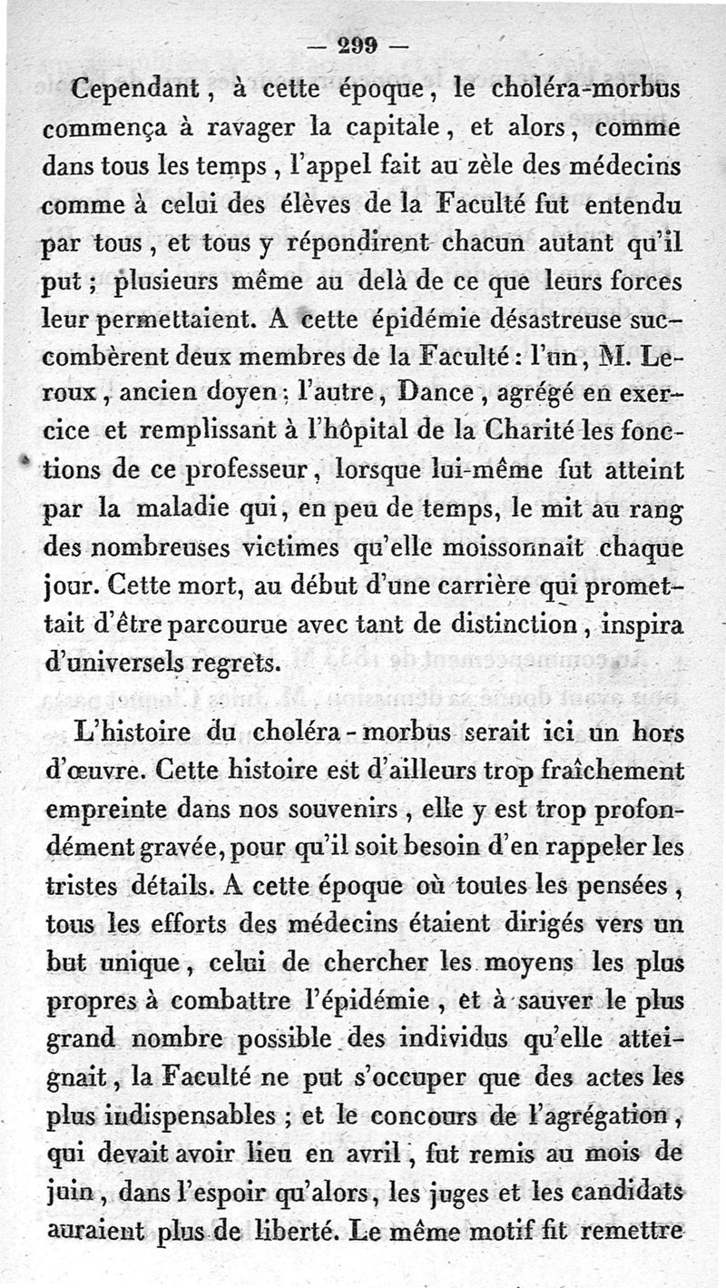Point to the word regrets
233,664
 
